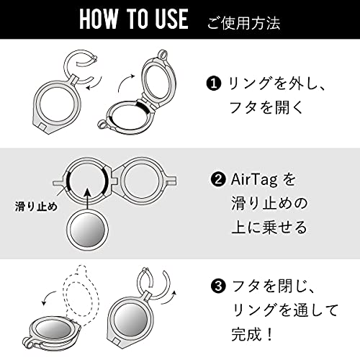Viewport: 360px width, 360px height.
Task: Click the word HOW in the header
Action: coord(99,19)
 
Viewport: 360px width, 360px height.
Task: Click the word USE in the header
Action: coord(171,19)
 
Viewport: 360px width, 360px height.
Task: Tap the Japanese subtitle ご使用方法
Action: coord(243,23)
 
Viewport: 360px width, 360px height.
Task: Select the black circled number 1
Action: coord(213,84)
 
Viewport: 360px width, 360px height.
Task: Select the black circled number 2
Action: coord(218,179)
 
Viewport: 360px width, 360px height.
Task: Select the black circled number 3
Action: coord(218,286)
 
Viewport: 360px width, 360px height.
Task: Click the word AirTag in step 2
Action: coord(254,181)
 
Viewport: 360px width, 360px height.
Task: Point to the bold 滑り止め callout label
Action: coord(36,206)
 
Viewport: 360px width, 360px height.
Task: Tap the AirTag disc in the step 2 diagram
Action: coord(87,230)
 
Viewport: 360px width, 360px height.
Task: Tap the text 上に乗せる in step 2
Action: coord(269,228)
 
